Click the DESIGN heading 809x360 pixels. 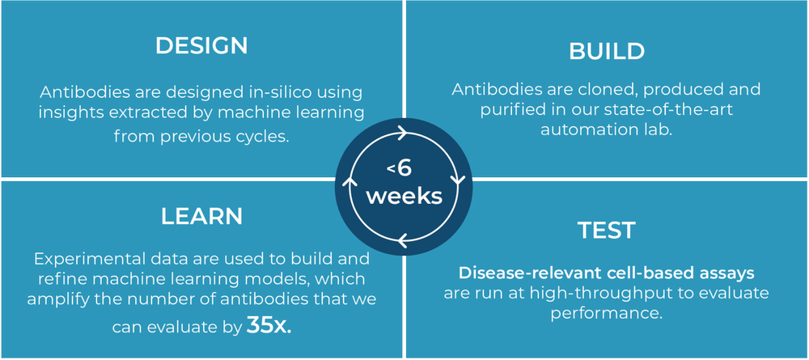[x=201, y=46]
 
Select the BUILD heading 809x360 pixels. [x=607, y=52]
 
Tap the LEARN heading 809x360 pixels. [x=201, y=217]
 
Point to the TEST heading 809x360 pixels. [x=607, y=231]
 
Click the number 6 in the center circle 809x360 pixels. [x=404, y=169]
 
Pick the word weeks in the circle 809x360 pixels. [x=404, y=197]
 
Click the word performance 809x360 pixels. [x=607, y=312]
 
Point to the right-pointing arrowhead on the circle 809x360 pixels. [x=402, y=129]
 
